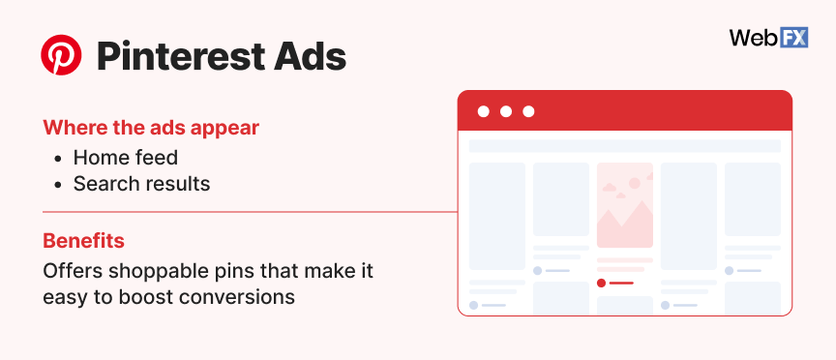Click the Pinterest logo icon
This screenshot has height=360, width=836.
click(62, 57)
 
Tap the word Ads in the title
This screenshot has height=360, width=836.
click(310, 57)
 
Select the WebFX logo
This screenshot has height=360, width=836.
click(768, 39)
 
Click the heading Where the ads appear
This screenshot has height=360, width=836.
click(151, 127)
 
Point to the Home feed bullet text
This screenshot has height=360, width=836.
click(126, 157)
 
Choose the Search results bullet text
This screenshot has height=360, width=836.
click(141, 183)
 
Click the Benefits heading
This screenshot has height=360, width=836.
click(83, 240)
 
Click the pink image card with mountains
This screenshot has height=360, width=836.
click(624, 205)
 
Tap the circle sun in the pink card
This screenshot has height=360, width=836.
click(635, 182)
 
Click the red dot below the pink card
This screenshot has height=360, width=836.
click(601, 283)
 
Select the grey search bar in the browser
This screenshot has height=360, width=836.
click(624, 146)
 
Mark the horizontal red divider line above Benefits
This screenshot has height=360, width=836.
click(242, 211)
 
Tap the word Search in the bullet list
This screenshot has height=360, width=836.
click(102, 183)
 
